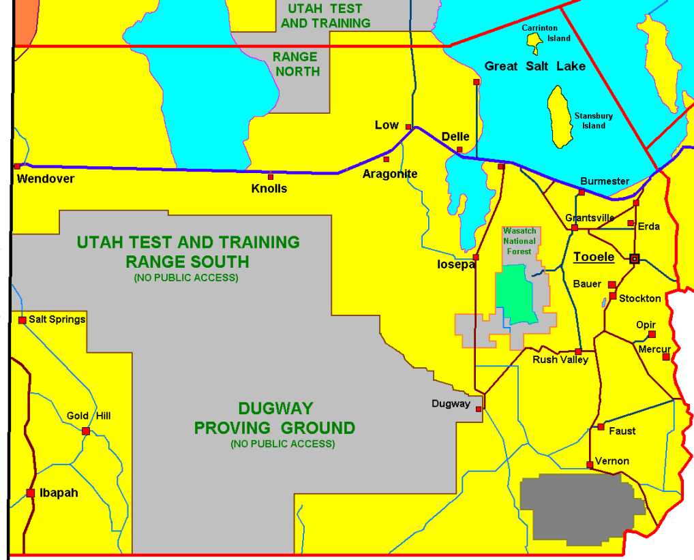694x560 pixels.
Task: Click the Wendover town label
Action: tap(45, 178)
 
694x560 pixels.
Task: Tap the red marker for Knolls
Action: tap(271, 176)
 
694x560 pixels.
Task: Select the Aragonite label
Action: tap(389, 174)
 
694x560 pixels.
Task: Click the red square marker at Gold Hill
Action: tap(86, 431)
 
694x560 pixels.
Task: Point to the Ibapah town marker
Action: tap(31, 493)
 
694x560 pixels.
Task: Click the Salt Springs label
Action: tap(57, 319)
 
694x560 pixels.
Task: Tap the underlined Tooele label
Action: tap(594, 257)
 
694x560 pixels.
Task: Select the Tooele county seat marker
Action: tap(635, 258)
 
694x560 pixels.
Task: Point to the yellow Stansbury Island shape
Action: tap(560, 117)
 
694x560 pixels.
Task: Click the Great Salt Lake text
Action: tap(534, 66)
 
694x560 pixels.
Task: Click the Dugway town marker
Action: tap(479, 409)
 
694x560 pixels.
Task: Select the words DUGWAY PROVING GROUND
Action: tap(275, 418)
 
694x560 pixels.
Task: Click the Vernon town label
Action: tap(612, 461)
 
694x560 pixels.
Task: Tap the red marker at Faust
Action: tap(601, 427)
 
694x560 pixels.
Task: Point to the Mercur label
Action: tap(654, 349)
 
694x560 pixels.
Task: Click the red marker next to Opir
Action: tap(652, 335)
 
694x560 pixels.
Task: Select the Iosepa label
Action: tap(456, 264)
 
